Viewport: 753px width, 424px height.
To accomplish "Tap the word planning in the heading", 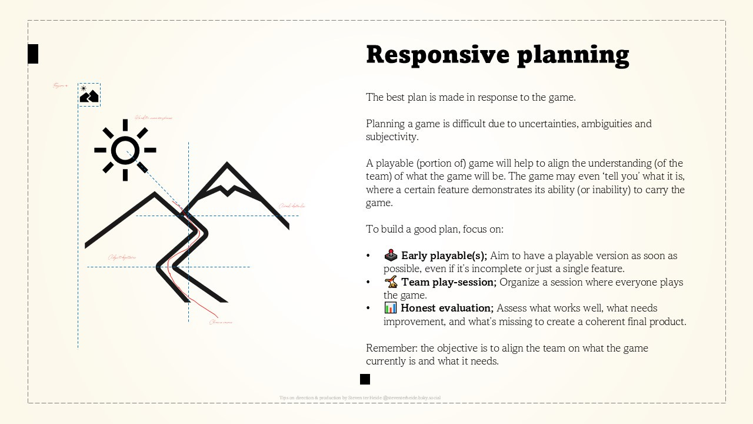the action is tap(573, 55).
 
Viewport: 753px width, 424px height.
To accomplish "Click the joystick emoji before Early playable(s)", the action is tap(391, 256).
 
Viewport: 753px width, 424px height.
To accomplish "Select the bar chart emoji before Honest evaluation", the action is tap(391, 307).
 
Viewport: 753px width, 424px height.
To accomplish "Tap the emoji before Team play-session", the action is tap(391, 281).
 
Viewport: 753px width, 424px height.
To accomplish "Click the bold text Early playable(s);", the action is tap(444, 256).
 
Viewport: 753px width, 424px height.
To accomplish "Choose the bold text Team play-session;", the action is tap(449, 282).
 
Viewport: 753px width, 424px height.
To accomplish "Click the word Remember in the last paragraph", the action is tap(391, 348).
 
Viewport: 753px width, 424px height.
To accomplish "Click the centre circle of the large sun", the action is tap(125, 150).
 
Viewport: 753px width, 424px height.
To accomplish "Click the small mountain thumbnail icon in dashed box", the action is tap(89, 95).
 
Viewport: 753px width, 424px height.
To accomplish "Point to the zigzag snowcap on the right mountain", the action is tap(226, 190).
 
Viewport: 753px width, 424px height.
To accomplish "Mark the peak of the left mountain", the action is tap(155, 194).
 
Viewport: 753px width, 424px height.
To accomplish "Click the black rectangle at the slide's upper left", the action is tap(33, 54).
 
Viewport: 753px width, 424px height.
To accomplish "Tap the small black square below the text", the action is tap(365, 379).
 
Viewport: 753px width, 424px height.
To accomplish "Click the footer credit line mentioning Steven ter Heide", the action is tap(360, 398).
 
